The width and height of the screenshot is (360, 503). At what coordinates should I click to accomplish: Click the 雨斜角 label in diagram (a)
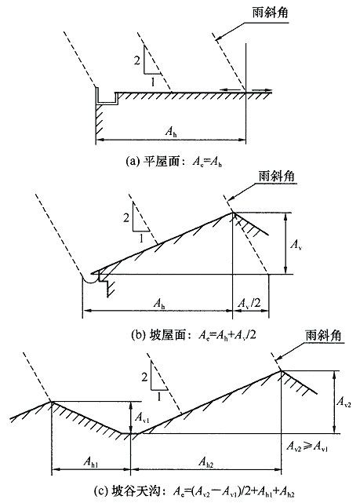[270, 13]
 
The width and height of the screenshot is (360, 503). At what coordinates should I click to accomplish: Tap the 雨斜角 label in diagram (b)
[276, 176]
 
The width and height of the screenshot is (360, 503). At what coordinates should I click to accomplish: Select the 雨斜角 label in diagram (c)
[323, 336]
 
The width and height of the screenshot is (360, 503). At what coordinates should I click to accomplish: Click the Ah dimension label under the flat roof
[171, 132]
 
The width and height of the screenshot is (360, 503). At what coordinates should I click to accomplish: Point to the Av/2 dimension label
[249, 303]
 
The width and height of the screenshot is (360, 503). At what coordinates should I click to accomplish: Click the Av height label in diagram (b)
[296, 245]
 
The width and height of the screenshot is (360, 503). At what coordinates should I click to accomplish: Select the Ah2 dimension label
[206, 462]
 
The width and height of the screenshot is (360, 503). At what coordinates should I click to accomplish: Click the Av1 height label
[142, 417]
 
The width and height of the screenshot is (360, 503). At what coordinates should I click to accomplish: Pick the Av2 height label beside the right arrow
[344, 402]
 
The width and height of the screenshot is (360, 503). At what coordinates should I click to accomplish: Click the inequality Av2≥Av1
[307, 446]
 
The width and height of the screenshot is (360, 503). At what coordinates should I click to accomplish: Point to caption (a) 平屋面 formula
[174, 162]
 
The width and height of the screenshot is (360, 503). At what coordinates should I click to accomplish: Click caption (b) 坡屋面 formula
[194, 335]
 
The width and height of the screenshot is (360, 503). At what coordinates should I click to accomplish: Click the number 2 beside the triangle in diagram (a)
[137, 60]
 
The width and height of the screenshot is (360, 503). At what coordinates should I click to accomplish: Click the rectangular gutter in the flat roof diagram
[107, 97]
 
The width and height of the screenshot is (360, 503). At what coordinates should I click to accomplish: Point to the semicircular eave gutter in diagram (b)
[89, 279]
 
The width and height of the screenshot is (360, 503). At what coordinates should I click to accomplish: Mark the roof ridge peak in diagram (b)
[232, 212]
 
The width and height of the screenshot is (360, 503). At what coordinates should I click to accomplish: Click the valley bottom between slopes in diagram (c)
[130, 433]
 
